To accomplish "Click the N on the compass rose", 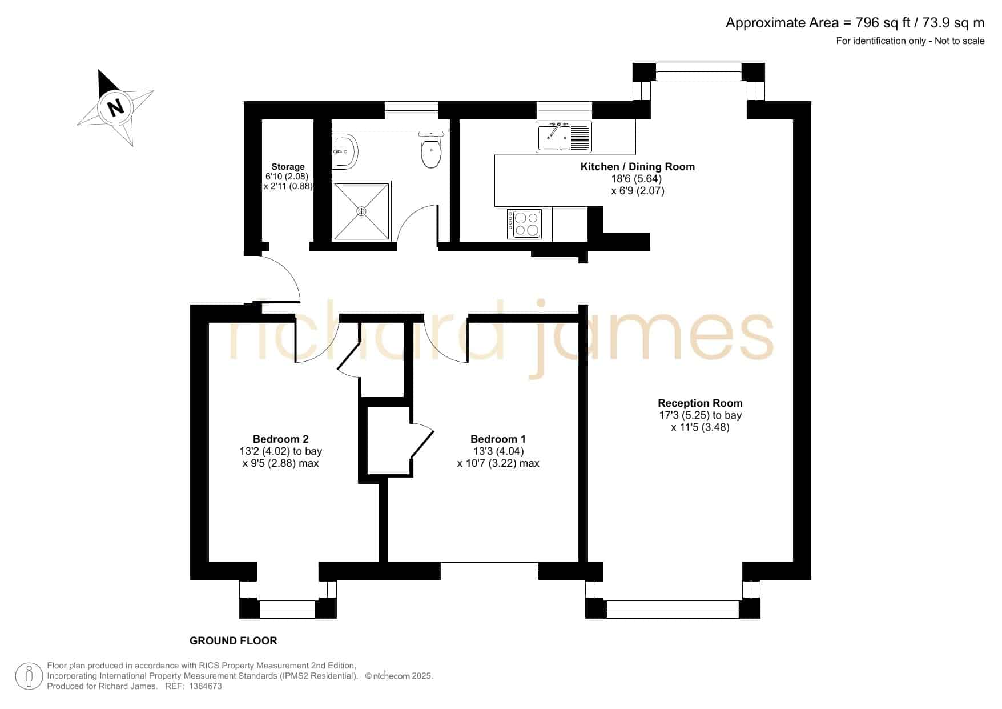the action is click(x=116, y=107).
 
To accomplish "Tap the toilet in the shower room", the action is click(x=431, y=150).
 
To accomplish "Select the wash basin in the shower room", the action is click(x=345, y=151).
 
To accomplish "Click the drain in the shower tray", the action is click(x=361, y=211).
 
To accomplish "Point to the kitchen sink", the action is click(x=564, y=137).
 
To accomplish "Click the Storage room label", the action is click(x=288, y=167).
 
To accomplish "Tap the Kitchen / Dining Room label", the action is click(x=638, y=167).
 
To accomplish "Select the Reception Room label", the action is click(x=700, y=403).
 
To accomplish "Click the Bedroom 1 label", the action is click(x=498, y=439).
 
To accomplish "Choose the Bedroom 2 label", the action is click(x=280, y=439).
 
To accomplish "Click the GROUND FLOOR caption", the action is click(x=234, y=641).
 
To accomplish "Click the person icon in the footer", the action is click(x=29, y=676).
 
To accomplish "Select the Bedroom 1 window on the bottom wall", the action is click(x=489, y=571).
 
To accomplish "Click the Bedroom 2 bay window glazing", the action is click(x=288, y=610).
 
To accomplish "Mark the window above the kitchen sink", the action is click(x=564, y=110).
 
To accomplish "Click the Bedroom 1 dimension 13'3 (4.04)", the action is click(x=498, y=451).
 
